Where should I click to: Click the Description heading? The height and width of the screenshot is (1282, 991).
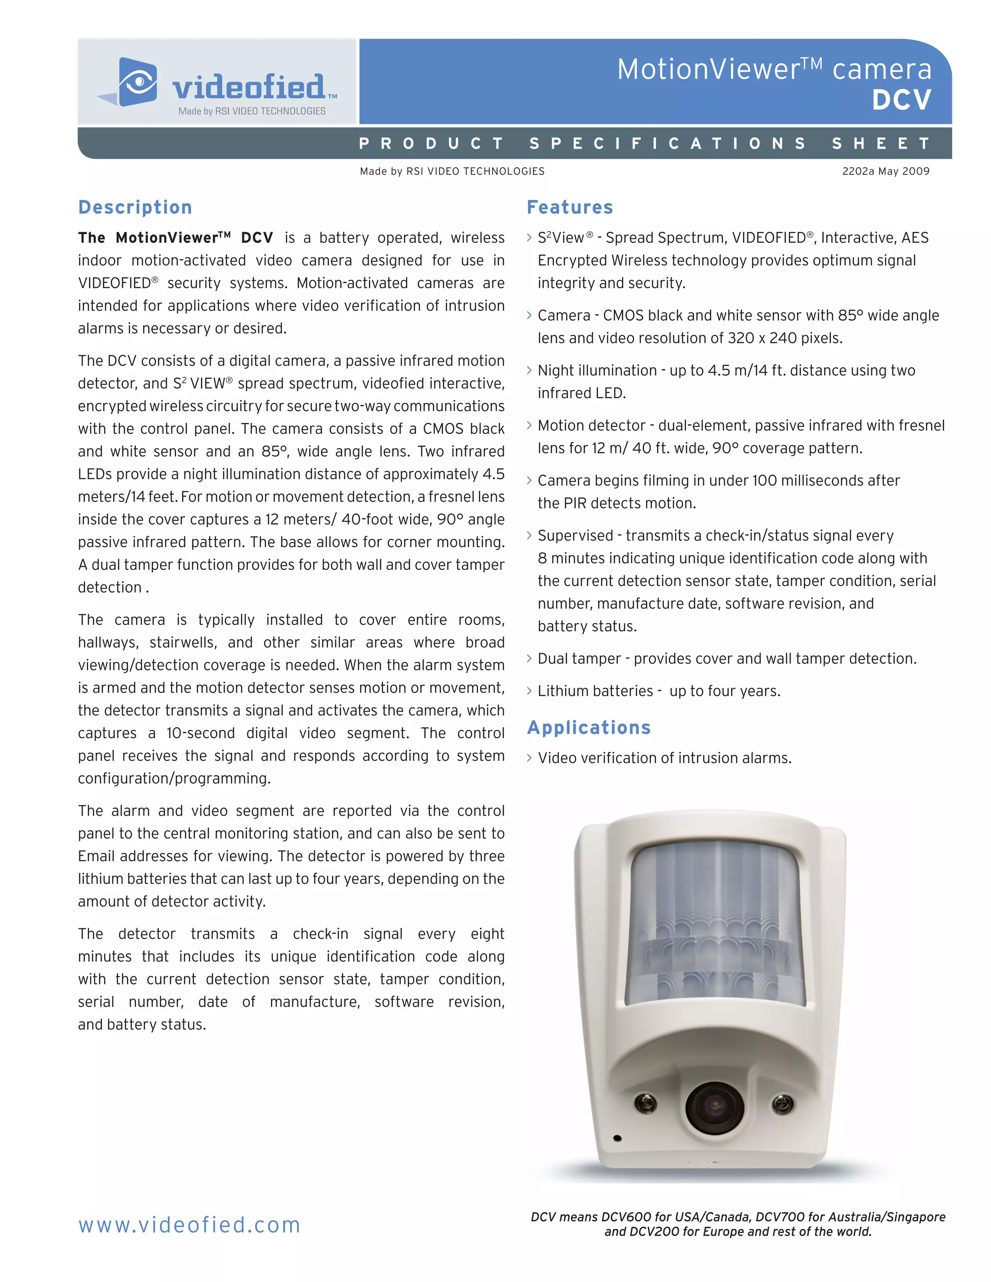point(135,207)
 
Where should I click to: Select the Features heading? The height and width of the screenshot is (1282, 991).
point(570,207)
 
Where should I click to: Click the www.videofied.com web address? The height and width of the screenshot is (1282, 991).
point(189,1225)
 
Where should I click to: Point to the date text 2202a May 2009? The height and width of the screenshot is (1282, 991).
point(886,171)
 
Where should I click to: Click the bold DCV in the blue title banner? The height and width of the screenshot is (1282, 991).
point(901,100)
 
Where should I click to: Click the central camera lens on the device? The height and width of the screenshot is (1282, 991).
point(715,1108)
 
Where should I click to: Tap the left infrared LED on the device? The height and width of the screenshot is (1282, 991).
point(645,1103)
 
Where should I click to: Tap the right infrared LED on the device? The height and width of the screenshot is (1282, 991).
point(782,1104)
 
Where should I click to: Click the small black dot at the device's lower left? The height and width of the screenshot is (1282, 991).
point(617,1138)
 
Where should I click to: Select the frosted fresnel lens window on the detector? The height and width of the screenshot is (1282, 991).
point(715,922)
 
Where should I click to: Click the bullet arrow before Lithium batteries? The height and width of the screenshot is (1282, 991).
point(529,691)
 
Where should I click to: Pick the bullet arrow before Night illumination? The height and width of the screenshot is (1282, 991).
point(529,371)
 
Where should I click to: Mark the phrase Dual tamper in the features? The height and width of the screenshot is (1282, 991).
point(579,658)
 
